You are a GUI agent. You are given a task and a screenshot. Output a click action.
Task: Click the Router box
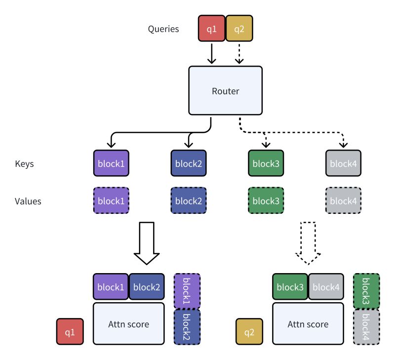pos(225,91)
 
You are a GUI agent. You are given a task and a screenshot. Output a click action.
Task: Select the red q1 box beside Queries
pos(212,29)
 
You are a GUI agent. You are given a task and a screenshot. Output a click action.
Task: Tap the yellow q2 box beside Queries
pos(239,29)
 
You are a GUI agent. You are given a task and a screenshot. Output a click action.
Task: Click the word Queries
pos(163,29)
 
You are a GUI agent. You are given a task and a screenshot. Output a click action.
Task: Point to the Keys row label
pos(24,163)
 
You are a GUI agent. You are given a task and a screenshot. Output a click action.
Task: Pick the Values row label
pos(28,201)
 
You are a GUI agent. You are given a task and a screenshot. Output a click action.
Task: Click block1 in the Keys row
pos(111,163)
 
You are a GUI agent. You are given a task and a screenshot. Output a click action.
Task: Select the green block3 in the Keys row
pos(265,163)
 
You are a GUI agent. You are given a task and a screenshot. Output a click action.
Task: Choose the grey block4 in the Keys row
pos(343,163)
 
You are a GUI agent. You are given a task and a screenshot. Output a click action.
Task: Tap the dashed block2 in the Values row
pos(188,200)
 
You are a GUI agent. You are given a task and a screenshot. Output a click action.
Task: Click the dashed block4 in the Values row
pos(343,200)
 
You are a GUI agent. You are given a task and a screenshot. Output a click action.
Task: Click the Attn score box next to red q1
pos(128,324)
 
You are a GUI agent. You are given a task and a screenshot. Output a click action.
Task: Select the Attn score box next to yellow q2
pos(308,324)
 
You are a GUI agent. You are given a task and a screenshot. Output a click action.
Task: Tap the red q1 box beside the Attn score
pos(70,332)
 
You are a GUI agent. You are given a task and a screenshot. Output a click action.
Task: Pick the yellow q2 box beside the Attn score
pos(249,332)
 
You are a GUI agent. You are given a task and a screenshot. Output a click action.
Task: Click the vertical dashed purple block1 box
pos(187,291)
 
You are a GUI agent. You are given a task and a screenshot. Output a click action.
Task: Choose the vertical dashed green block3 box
pos(366,291)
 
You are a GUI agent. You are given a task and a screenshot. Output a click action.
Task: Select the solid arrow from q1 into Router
pos(212,54)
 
